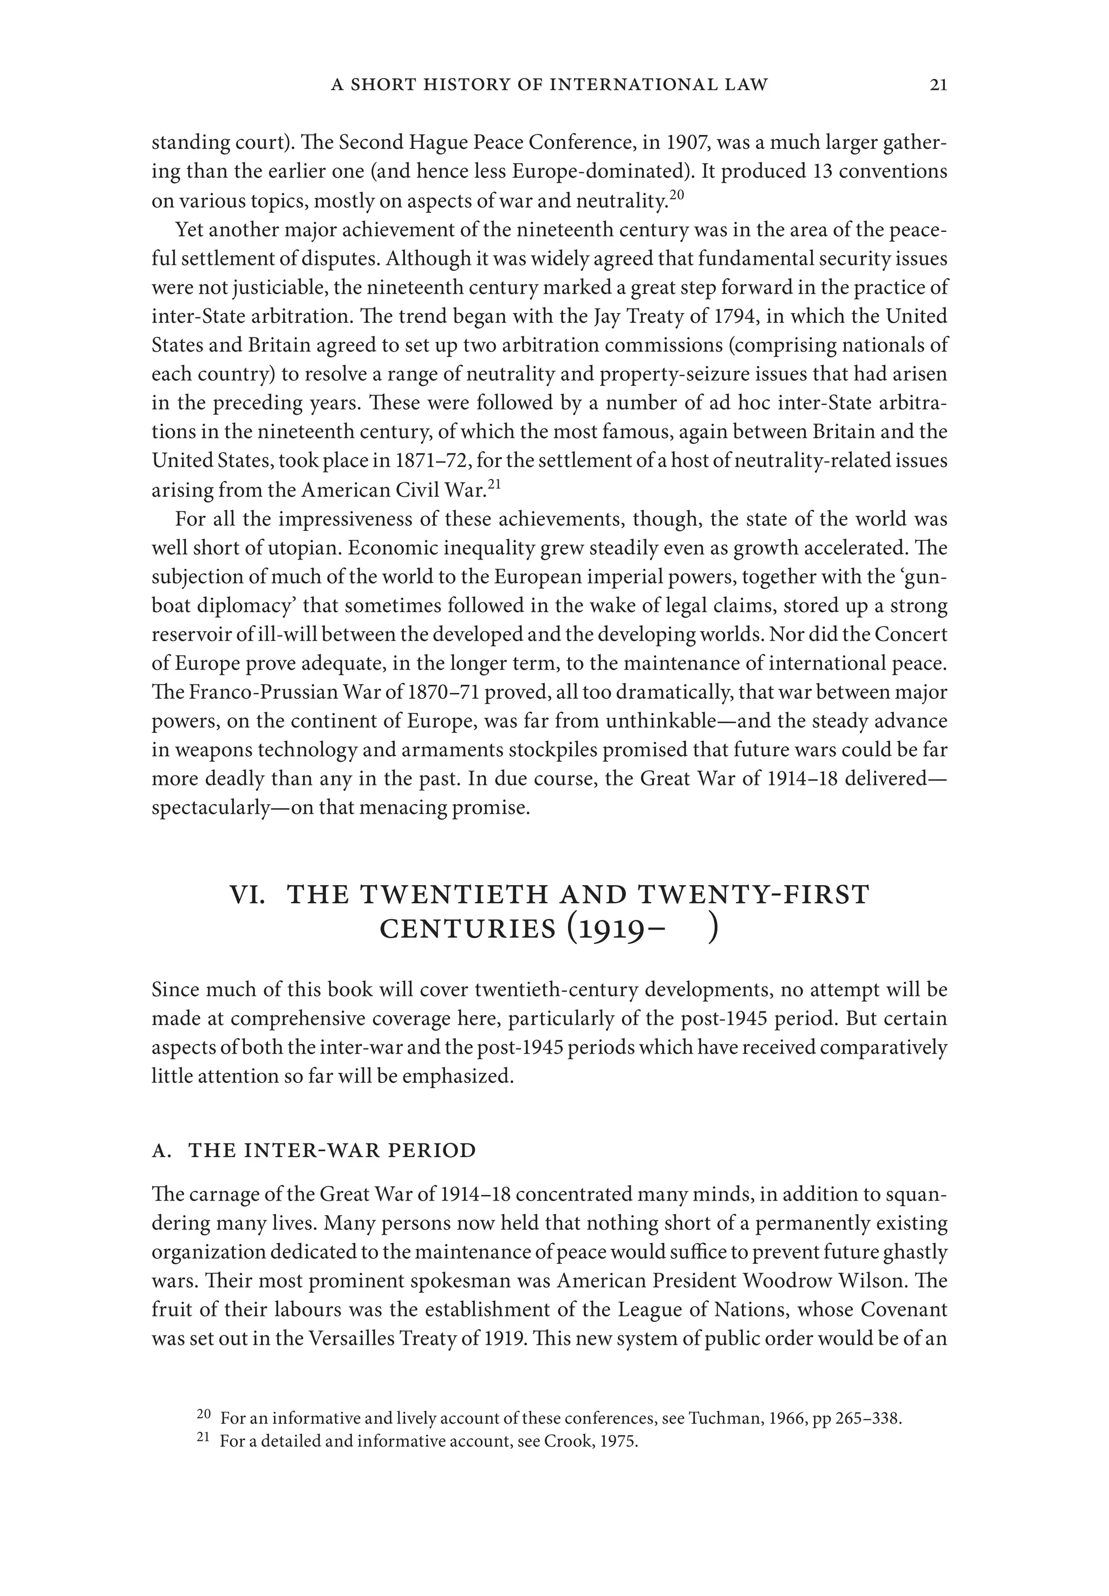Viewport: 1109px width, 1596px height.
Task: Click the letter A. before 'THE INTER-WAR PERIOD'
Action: point(161,1151)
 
